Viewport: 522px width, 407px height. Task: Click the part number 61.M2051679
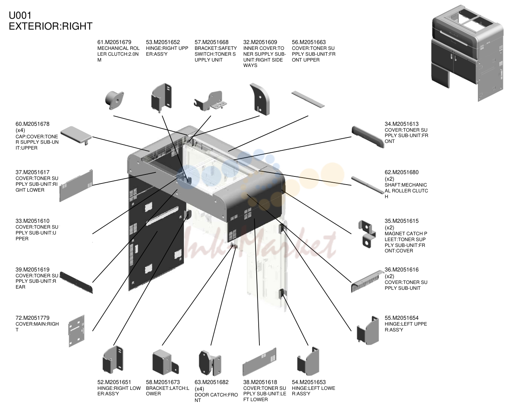pos(114,42)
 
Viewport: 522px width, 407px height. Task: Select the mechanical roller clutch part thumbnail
pos(115,100)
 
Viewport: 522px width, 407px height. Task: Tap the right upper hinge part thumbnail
pos(162,98)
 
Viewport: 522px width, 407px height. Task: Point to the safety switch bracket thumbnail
pos(210,101)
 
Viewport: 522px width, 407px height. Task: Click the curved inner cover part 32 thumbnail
pos(260,99)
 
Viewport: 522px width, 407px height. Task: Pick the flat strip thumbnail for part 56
pos(308,99)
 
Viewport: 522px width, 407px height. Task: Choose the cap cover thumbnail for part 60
pos(76,135)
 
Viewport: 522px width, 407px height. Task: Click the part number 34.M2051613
pos(402,124)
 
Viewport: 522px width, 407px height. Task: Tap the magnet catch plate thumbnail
pos(367,234)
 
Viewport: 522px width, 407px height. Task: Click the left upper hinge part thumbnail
pos(368,331)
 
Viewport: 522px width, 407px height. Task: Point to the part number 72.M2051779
pos(32,318)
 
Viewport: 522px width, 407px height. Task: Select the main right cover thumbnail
pos(76,331)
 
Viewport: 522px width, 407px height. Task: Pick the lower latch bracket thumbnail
pos(165,362)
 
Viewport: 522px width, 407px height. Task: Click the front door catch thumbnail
pos(210,363)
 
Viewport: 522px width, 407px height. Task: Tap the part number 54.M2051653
pos(309,382)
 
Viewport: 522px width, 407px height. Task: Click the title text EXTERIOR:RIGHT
pos(51,26)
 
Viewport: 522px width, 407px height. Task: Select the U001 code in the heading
pos(20,16)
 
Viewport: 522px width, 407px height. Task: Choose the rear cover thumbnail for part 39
pos(76,282)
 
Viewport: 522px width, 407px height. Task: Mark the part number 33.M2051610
pos(32,221)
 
